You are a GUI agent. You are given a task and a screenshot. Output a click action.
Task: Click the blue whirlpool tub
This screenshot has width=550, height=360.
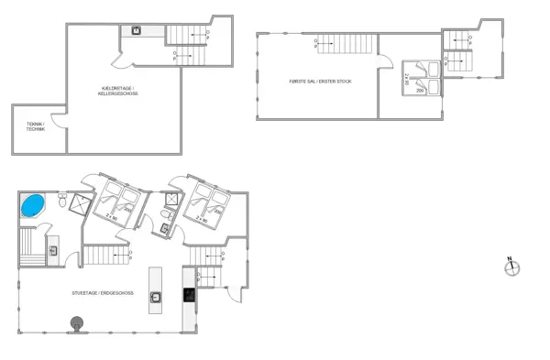click(x=33, y=204)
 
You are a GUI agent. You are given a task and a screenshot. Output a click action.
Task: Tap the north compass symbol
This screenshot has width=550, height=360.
click(x=512, y=267)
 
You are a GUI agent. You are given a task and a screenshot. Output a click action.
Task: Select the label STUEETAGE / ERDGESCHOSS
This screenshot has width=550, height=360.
click(x=102, y=293)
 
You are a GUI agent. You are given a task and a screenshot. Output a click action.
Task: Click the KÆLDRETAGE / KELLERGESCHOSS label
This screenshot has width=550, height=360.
click(x=118, y=92)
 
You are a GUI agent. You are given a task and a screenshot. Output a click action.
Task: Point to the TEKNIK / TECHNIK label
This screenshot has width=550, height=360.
click(x=35, y=127)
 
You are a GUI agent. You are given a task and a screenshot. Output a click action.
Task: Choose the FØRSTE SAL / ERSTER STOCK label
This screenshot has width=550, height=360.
click(x=320, y=82)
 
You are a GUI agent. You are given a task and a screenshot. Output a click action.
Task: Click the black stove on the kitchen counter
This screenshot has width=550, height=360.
click(x=189, y=295)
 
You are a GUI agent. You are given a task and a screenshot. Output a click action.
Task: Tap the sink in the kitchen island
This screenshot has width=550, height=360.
click(x=157, y=295)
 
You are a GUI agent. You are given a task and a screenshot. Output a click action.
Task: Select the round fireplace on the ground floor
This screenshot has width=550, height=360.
click(x=77, y=322)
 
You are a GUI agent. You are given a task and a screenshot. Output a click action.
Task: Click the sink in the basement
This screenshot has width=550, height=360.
click(x=136, y=31)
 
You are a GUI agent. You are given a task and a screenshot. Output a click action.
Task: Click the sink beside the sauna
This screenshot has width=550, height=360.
click(x=53, y=250)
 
